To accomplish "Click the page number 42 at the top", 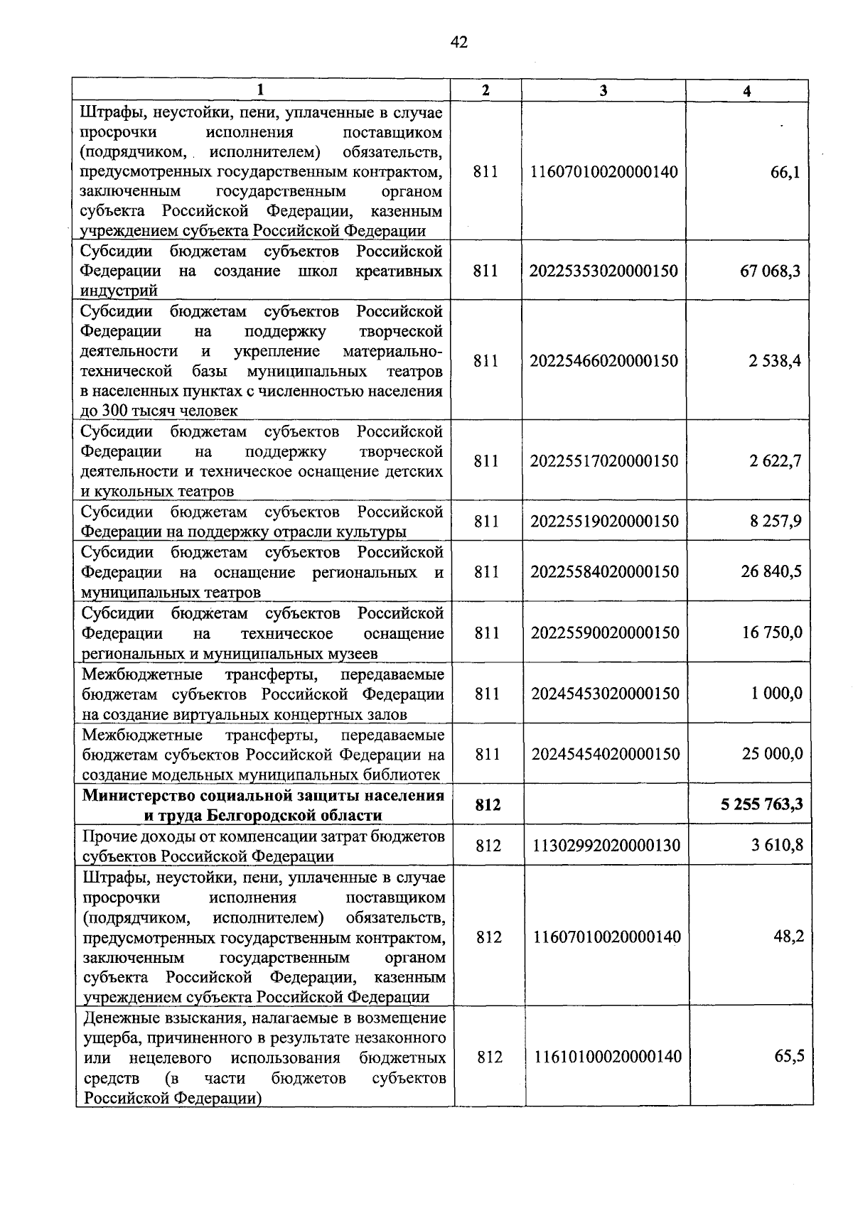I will click(459, 43).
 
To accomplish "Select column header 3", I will click(603, 90).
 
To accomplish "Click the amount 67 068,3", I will click(771, 271).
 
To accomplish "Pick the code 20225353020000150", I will click(603, 271).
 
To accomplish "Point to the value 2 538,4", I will click(774, 361).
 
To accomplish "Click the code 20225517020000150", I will click(604, 461).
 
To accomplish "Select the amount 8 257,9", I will click(776, 522).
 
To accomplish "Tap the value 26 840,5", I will click(771, 572).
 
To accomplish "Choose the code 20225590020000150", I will click(605, 633).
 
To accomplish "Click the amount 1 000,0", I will click(777, 694).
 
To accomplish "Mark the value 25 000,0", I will click(773, 754).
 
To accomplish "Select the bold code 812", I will click(488, 805).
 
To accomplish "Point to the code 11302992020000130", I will click(606, 846).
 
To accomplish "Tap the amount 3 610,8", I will click(778, 846).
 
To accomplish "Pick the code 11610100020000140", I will click(607, 1057).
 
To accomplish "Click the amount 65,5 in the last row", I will click(789, 1057).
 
